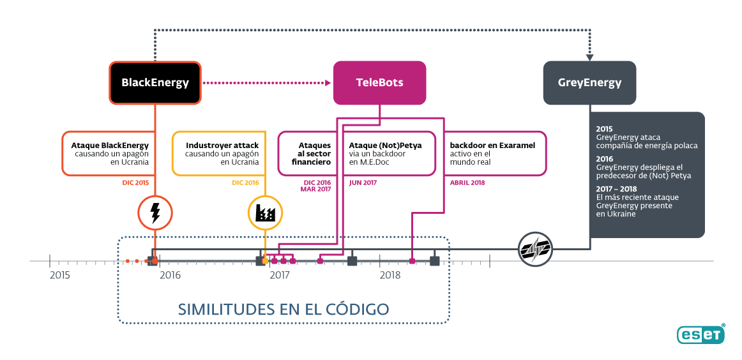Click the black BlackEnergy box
[155, 83]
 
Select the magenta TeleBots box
[379, 83]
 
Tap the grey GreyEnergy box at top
[589, 83]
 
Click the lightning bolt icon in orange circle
[155, 213]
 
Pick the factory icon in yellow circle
[266, 213]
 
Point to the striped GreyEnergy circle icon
[535, 248]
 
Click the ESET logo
[701, 334]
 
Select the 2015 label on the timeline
[59, 275]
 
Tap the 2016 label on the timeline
[170, 275]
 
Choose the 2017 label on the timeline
[280, 275]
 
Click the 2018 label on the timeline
[390, 275]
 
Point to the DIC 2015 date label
[135, 183]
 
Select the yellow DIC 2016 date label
[245, 183]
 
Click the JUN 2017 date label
[363, 183]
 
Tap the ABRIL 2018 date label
[467, 183]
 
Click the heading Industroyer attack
[222, 146]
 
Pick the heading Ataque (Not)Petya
[385, 146]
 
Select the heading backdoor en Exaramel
[492, 146]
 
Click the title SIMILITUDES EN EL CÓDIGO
[284, 309]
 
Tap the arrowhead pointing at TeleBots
[328, 83]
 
